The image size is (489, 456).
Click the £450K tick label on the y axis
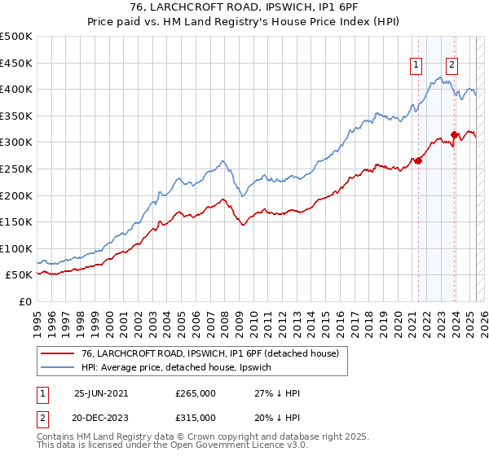point(15,63)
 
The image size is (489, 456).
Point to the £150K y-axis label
point(15,221)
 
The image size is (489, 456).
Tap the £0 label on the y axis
point(24,301)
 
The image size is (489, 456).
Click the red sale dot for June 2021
point(418,160)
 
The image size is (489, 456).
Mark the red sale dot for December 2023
point(454,134)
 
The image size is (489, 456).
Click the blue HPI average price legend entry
point(181,368)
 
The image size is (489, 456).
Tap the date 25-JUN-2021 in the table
point(101,393)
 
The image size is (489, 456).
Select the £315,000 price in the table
point(196,417)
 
